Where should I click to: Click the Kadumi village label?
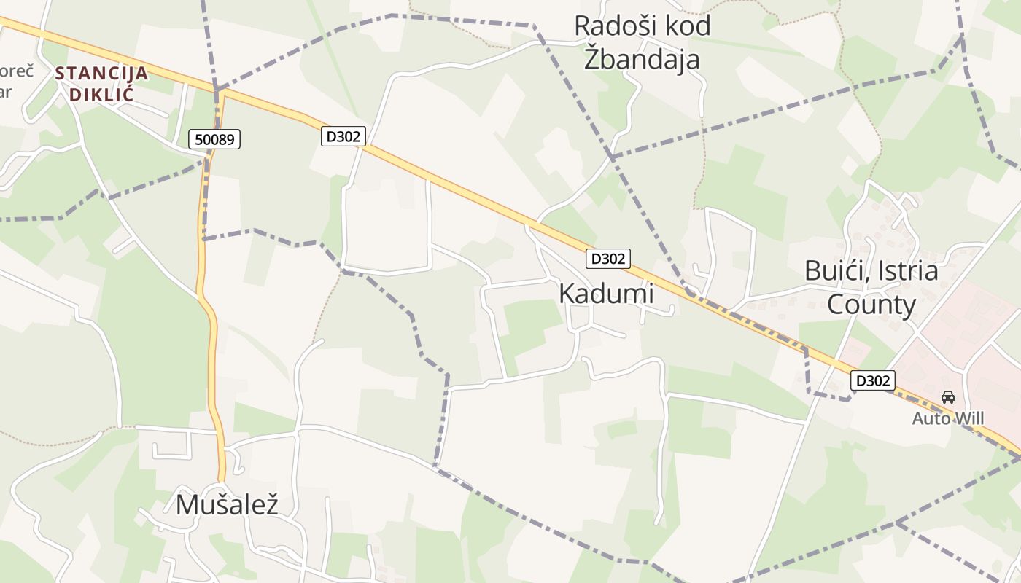[606, 294]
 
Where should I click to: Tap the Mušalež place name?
[227, 504]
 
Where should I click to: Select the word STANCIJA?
[101, 74]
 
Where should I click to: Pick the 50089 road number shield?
[214, 139]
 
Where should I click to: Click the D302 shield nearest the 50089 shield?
[343, 136]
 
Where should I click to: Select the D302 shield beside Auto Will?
[872, 380]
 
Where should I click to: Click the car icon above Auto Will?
[947, 397]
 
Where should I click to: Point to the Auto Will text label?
[948, 418]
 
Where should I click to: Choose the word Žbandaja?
[642, 59]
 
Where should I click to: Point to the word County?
[871, 304]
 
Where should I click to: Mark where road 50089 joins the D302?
[217, 90]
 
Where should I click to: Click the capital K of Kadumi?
[566, 294]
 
